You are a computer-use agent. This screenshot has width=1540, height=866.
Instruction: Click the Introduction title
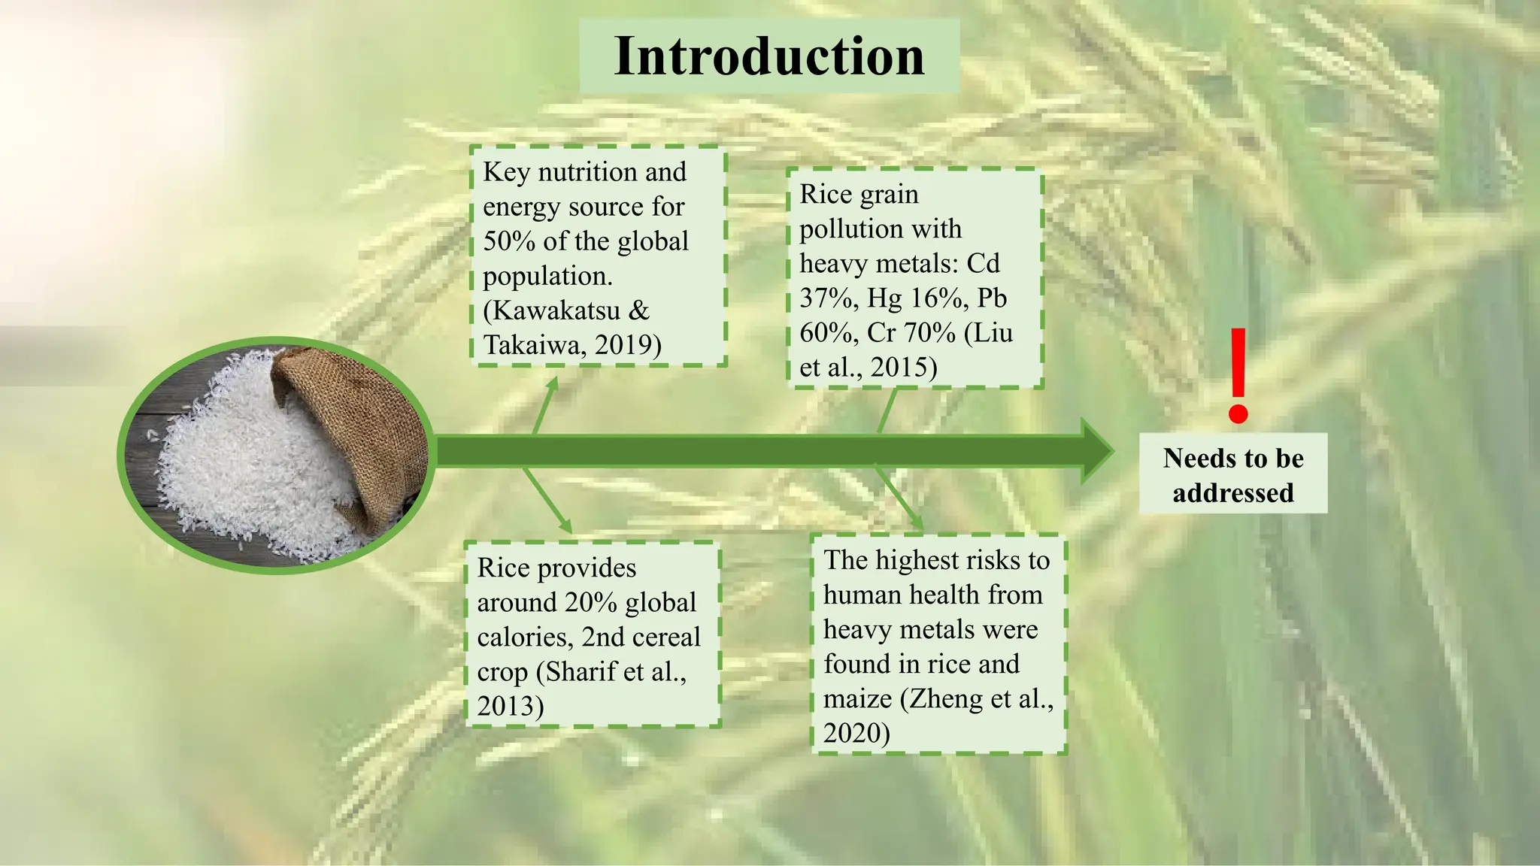[x=769, y=56]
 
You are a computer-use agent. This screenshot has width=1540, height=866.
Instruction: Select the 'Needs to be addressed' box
[x=1233, y=474]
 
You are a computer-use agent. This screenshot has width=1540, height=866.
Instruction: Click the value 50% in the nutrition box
[x=508, y=241]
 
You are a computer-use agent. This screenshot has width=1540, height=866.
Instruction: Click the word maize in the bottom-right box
[x=857, y=699]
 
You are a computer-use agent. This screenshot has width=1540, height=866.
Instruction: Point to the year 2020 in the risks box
[x=851, y=734]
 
